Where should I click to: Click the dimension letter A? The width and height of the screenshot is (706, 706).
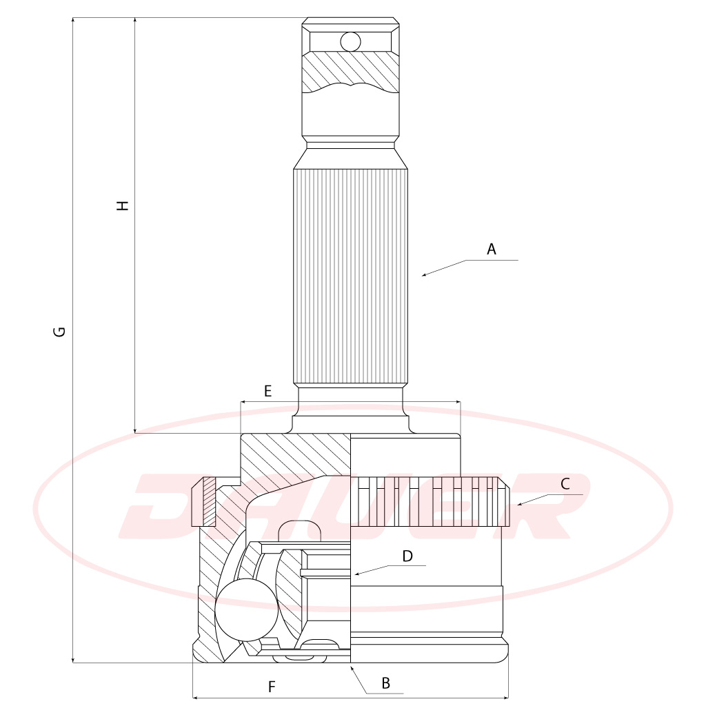(x=491, y=249)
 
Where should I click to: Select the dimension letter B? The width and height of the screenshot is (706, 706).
(x=386, y=683)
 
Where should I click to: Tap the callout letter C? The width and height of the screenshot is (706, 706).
(x=565, y=484)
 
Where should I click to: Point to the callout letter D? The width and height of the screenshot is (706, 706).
(x=407, y=556)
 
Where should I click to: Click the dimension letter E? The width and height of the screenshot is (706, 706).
(x=268, y=391)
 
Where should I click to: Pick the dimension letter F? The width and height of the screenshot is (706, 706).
(x=272, y=687)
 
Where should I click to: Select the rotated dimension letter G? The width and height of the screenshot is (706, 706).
(x=59, y=332)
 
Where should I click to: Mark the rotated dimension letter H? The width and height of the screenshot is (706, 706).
(x=123, y=205)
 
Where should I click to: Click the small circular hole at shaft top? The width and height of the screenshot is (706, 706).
(x=350, y=42)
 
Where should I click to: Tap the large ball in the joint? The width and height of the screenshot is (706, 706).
(x=246, y=609)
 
